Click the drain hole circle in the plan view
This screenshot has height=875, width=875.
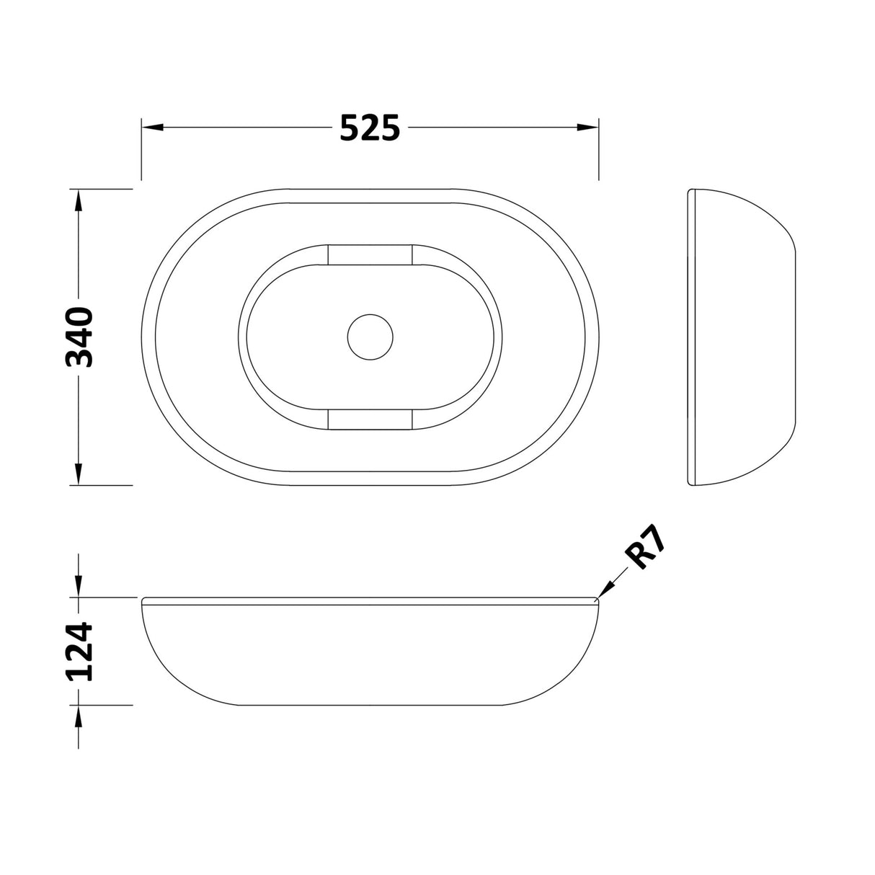tap(370, 337)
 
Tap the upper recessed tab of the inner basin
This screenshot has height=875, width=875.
tap(370, 254)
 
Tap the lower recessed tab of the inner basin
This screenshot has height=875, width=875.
tap(370, 419)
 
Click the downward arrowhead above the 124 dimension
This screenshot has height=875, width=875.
tap(78, 586)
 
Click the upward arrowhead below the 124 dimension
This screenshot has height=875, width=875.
tap(78, 716)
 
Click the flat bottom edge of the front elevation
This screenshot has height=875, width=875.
tap(370, 704)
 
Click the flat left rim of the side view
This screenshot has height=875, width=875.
tap(690, 337)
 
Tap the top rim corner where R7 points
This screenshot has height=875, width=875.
tap(596, 599)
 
